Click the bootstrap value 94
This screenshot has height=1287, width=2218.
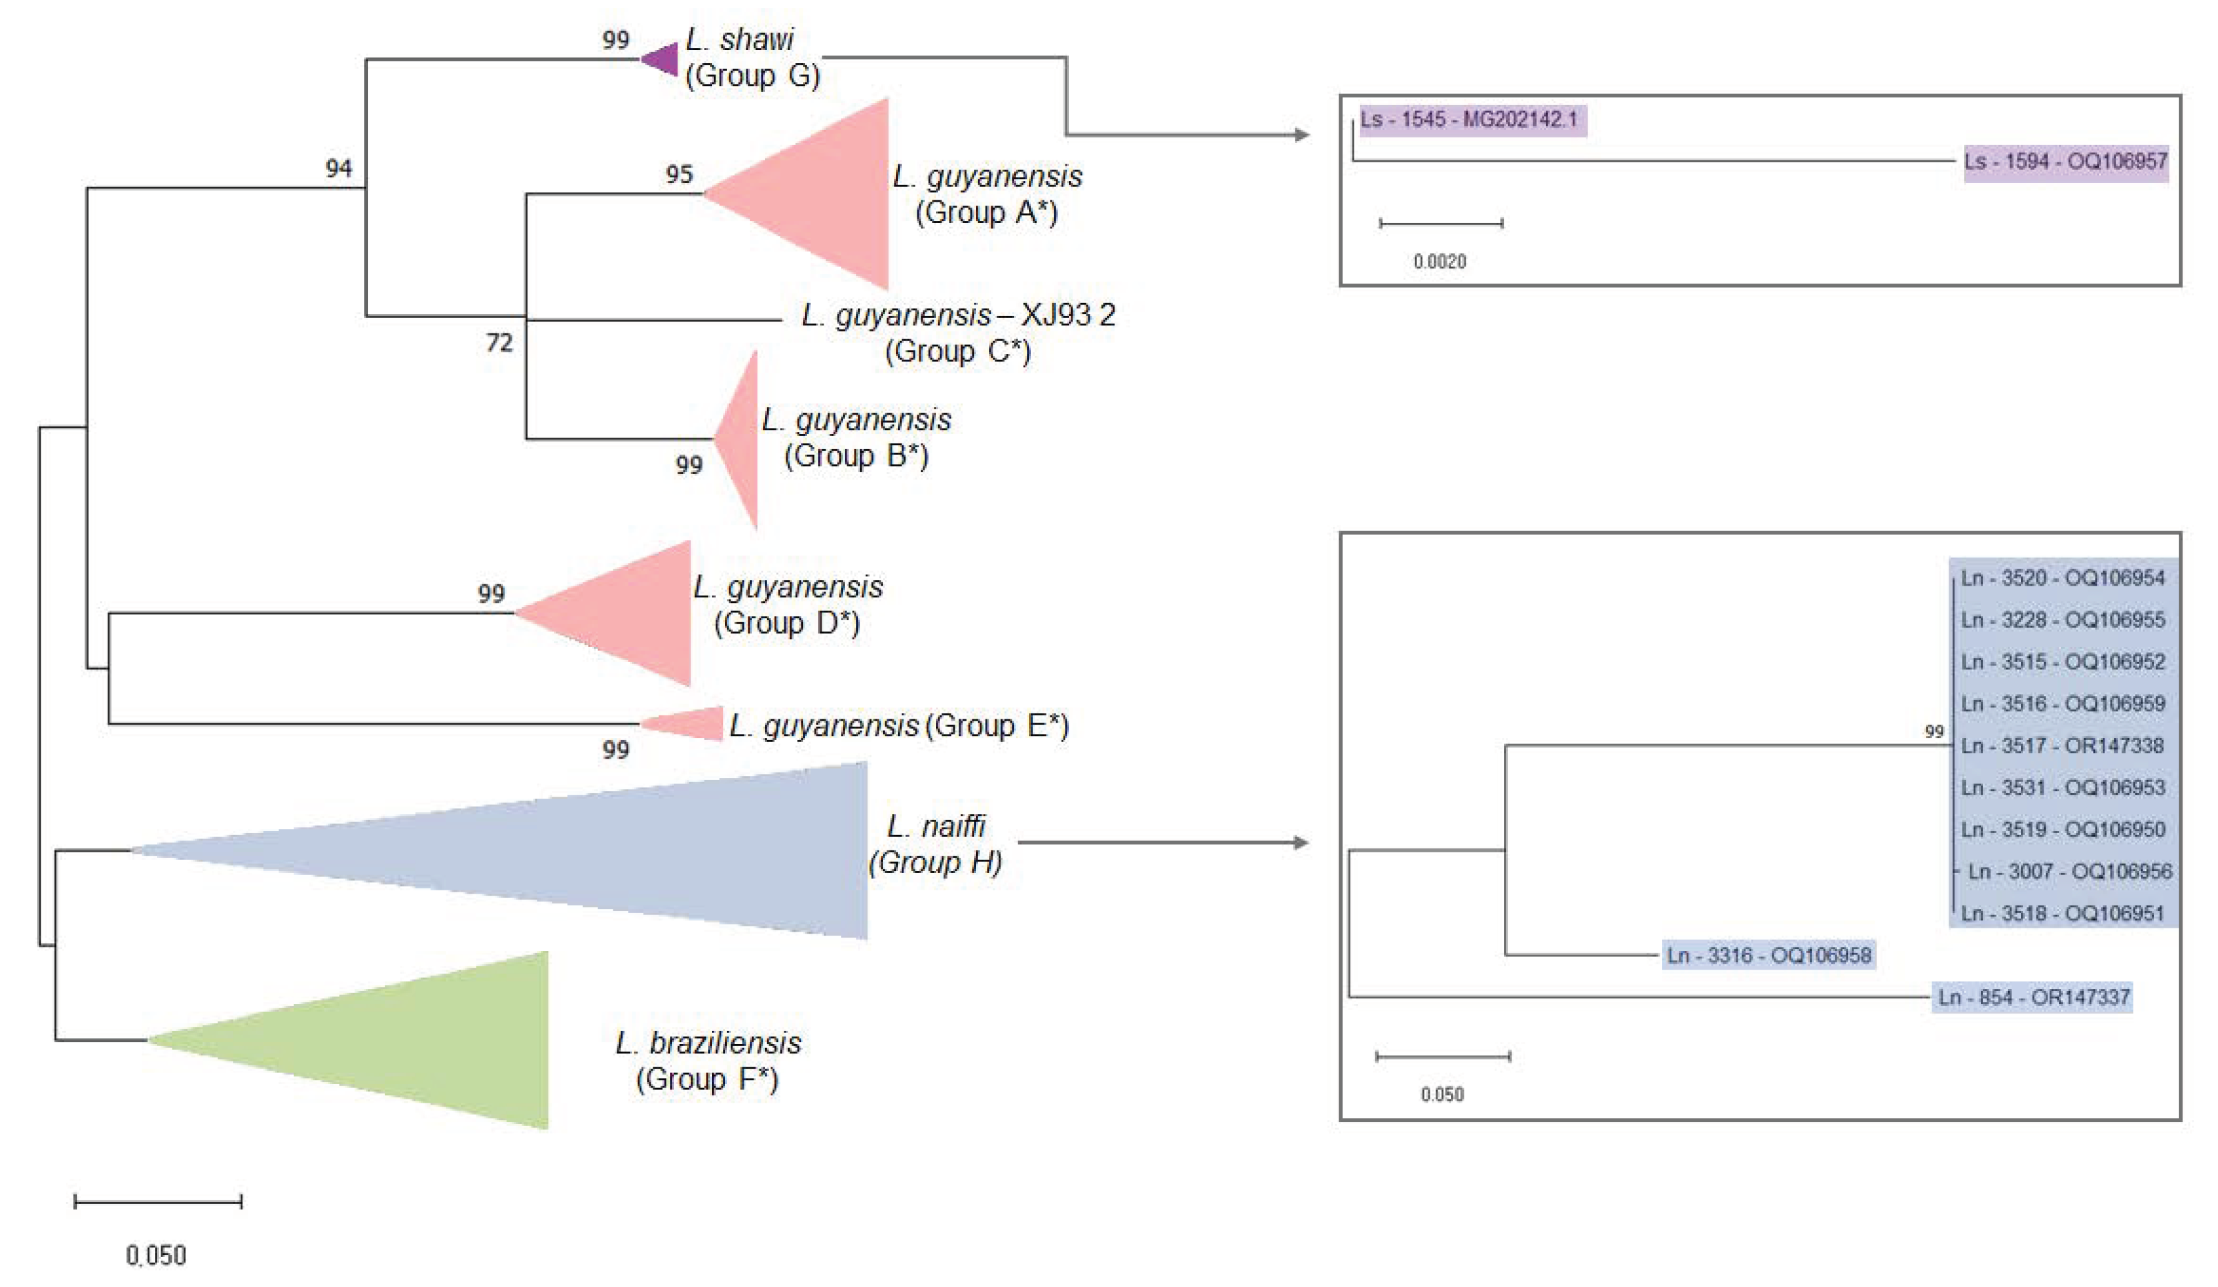339,168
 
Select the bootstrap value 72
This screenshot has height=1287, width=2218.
499,343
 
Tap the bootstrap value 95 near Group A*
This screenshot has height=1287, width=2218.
679,174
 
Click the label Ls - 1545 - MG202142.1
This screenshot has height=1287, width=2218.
1470,119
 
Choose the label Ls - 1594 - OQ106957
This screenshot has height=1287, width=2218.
2065,162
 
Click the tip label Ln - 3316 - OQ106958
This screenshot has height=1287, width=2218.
1768,955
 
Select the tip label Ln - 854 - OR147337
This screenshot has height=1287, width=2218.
2033,998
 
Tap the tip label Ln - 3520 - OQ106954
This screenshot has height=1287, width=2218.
2062,578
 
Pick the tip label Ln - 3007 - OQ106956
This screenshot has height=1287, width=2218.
2069,872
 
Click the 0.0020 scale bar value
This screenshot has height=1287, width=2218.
1440,262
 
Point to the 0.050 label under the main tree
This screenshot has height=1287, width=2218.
156,1254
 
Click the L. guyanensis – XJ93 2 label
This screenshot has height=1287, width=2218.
957,315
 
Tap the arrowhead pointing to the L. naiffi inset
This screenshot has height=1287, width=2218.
1301,842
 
